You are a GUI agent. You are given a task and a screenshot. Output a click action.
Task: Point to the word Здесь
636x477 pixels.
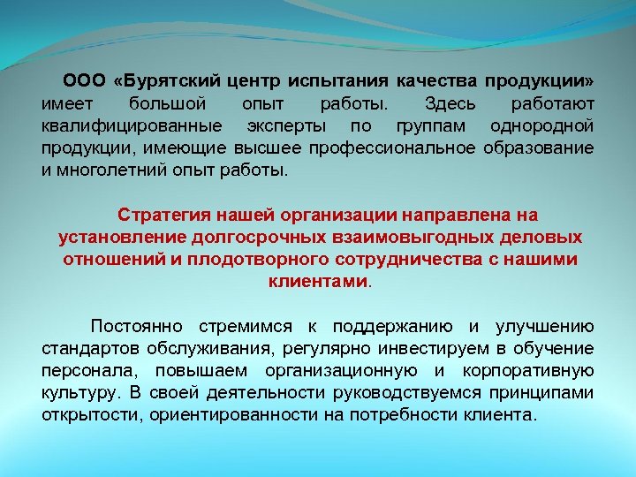click(452, 103)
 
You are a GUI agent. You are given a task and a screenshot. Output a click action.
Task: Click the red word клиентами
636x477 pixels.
click(316, 282)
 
